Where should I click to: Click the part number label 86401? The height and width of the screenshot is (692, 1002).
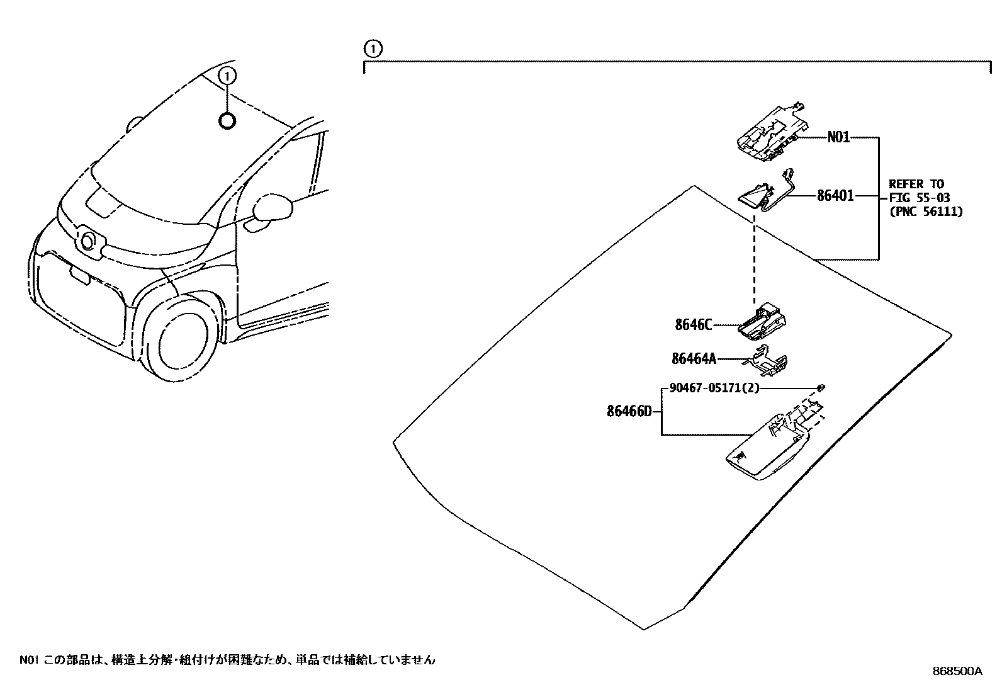835,196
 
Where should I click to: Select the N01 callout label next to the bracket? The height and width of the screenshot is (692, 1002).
838,137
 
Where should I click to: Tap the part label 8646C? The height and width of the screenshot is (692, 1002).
693,325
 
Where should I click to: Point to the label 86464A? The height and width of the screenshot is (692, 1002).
694,359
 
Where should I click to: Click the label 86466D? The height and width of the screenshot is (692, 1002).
629,412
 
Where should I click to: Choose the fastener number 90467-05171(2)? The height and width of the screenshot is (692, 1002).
714,389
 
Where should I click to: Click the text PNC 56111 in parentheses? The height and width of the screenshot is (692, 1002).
926,212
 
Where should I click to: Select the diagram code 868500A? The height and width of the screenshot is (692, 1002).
957,671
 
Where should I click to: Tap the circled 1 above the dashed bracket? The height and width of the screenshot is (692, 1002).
373,48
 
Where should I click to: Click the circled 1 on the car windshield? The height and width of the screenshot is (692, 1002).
227,77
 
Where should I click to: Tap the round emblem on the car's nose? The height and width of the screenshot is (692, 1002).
88,241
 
